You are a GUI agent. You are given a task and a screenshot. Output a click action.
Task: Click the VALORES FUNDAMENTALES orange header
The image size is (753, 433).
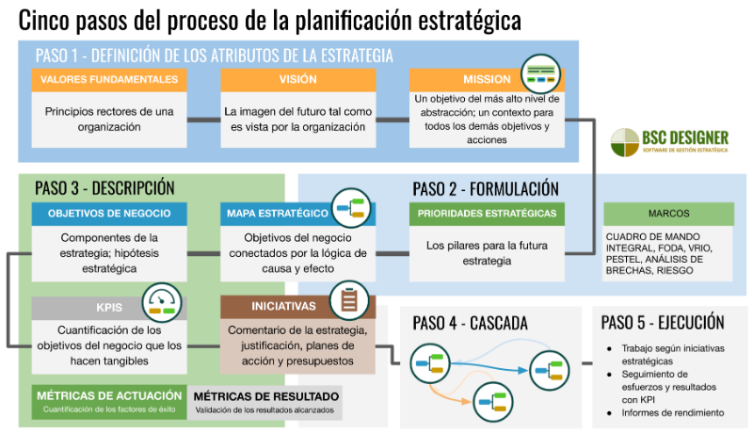pyautogui.click(x=109, y=80)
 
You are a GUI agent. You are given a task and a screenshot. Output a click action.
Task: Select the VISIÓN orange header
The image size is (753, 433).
pyautogui.click(x=298, y=80)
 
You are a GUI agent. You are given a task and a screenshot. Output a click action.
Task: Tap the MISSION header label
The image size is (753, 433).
pyautogui.click(x=487, y=80)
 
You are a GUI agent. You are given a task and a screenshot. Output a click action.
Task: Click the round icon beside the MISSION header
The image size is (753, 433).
pyautogui.click(x=541, y=74)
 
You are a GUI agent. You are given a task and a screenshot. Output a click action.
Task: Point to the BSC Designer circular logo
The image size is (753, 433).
pyautogui.click(x=625, y=142)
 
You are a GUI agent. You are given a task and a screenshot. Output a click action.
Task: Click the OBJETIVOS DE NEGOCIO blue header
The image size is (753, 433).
pyautogui.click(x=109, y=214)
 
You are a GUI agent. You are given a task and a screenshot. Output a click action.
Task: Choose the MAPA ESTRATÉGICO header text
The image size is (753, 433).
pyautogui.click(x=278, y=214)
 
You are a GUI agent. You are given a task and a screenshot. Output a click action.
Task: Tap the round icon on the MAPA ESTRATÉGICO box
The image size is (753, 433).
pyautogui.click(x=351, y=208)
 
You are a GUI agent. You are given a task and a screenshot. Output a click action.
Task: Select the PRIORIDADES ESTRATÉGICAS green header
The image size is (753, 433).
pyautogui.click(x=487, y=214)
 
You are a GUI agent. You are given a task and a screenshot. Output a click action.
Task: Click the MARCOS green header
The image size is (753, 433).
pyautogui.click(x=668, y=214)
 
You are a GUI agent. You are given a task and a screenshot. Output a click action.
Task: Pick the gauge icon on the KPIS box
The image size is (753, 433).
pyautogui.click(x=162, y=302)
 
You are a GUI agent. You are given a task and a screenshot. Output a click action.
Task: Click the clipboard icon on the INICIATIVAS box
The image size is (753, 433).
pyautogui.click(x=349, y=301)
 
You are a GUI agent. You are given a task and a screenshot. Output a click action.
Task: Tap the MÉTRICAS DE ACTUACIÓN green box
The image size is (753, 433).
pyautogui.click(x=109, y=402)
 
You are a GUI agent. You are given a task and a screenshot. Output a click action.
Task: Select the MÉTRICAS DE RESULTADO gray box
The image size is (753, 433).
pyautogui.click(x=265, y=403)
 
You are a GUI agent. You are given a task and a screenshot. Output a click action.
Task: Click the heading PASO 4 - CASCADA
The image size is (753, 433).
pyautogui.click(x=470, y=323)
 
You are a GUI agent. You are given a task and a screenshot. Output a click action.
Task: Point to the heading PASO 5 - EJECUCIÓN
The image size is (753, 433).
pyautogui.click(x=663, y=322)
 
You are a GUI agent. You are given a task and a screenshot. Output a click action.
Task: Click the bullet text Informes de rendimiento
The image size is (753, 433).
pyautogui.click(x=673, y=413)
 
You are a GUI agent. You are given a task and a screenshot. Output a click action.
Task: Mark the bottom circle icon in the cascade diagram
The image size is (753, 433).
pyautogui.click(x=493, y=402)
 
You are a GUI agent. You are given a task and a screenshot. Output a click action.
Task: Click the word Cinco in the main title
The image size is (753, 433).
pyautogui.click(x=44, y=20)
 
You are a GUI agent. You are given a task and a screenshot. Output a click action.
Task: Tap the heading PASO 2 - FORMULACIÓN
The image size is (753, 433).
pyautogui.click(x=486, y=189)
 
